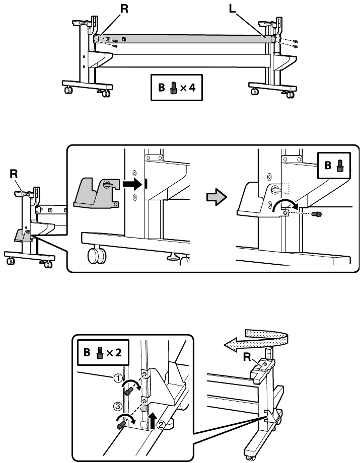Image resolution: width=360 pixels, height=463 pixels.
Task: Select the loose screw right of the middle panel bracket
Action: (318, 213)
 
